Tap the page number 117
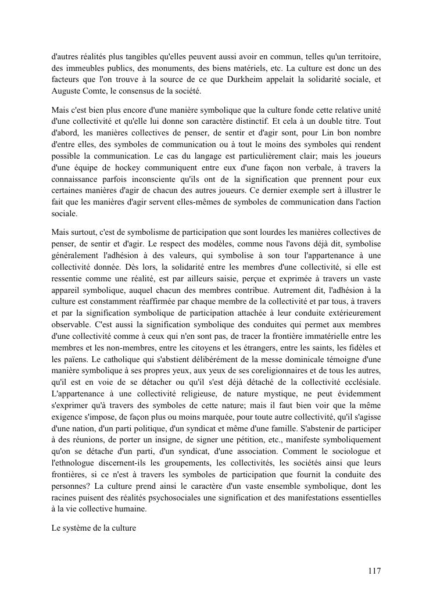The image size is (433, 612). [x=374, y=571]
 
